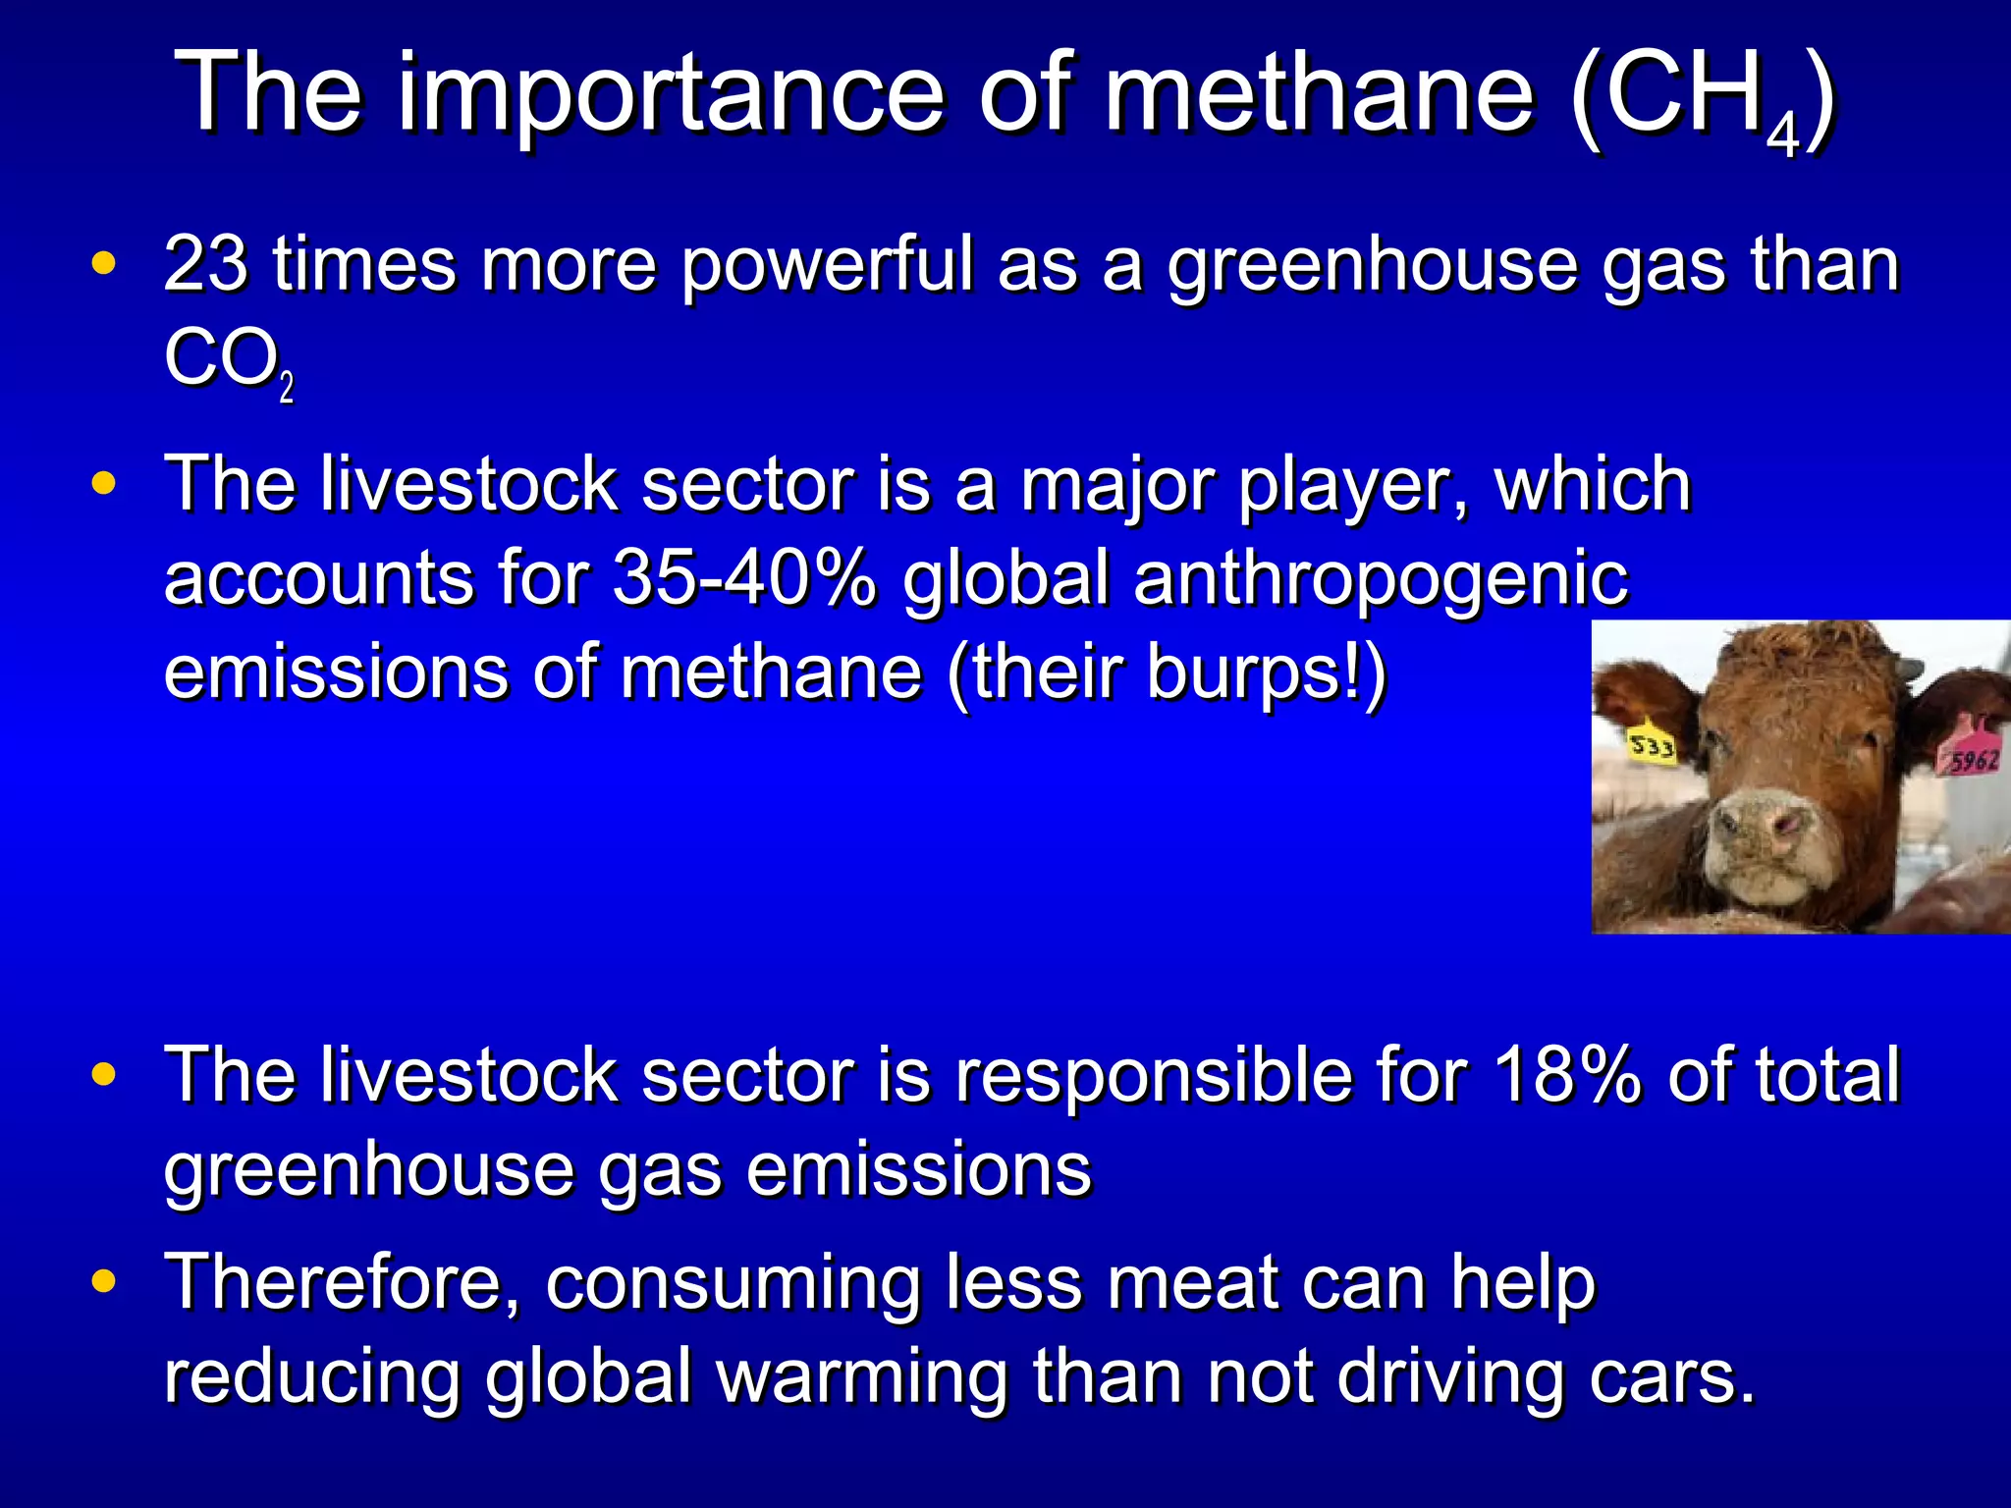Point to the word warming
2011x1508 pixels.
(x=862, y=1378)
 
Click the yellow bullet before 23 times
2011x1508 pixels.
(x=103, y=263)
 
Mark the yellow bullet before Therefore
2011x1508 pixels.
(x=103, y=1281)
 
